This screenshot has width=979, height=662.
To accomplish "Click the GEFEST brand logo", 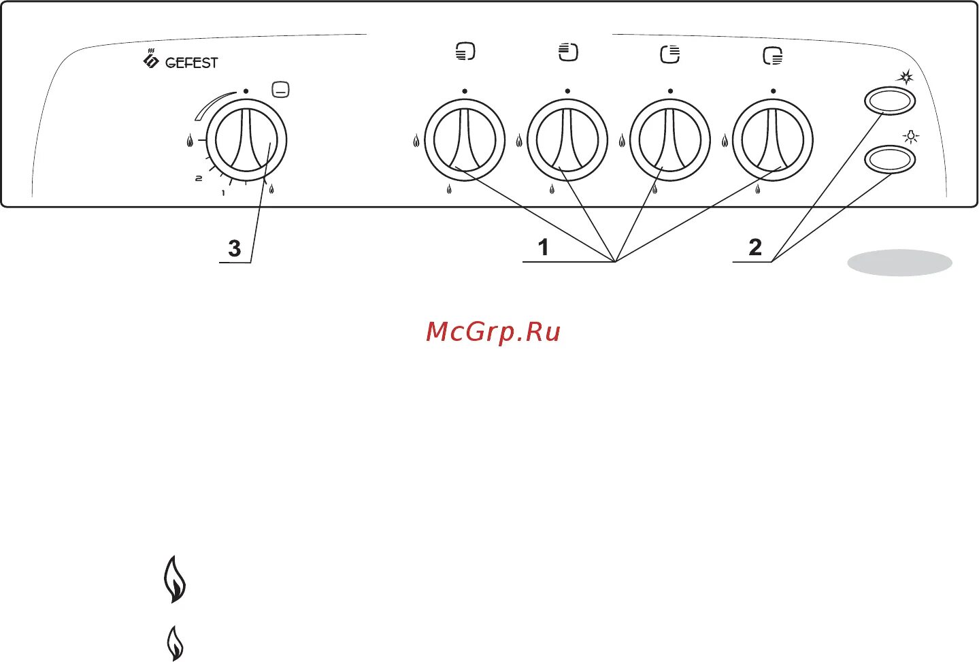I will pyautogui.click(x=180, y=61).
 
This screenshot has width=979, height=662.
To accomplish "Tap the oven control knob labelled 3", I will pyautogui.click(x=246, y=141).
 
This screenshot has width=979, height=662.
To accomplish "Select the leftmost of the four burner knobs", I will pyautogui.click(x=465, y=140).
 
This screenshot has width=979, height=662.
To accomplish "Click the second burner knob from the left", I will pyautogui.click(x=567, y=140).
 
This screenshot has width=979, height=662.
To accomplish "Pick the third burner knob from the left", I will pyautogui.click(x=670, y=140).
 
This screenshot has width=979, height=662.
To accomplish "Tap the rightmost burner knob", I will pyautogui.click(x=773, y=140).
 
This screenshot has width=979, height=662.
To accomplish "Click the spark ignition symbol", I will pyautogui.click(x=905, y=77).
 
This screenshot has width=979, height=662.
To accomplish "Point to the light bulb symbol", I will pyautogui.click(x=910, y=137).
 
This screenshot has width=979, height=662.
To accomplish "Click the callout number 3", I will pyautogui.click(x=235, y=248).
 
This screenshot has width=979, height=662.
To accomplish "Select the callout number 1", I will pyautogui.click(x=543, y=247).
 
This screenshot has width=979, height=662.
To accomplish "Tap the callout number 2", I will pyautogui.click(x=755, y=247).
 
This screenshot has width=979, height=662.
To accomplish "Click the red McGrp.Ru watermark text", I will pyautogui.click(x=493, y=332).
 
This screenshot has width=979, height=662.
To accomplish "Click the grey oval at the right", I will pyautogui.click(x=899, y=263).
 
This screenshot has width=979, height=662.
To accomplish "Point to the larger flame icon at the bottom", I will pyautogui.click(x=175, y=579).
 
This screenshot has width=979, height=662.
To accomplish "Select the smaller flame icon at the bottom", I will pyautogui.click(x=175, y=643).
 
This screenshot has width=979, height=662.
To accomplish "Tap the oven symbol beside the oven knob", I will pyautogui.click(x=280, y=89).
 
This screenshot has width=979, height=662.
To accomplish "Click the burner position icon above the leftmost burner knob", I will pyautogui.click(x=465, y=52).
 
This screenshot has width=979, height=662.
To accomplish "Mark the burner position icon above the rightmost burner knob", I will pyautogui.click(x=773, y=55).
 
